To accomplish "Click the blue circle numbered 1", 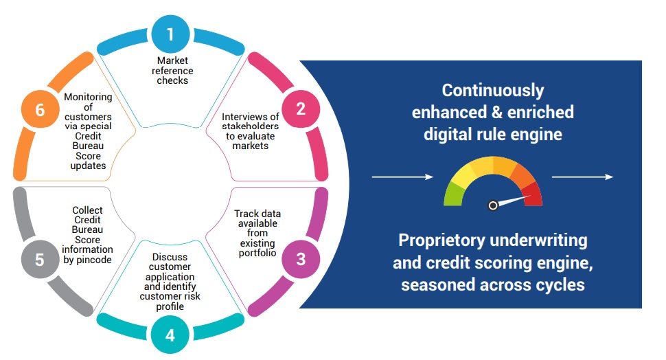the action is click(x=170, y=34).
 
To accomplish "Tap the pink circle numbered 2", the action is click(x=301, y=109).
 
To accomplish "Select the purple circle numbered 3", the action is click(x=301, y=259).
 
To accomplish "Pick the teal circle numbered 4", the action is click(x=170, y=335).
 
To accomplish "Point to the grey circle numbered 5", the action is click(x=40, y=259).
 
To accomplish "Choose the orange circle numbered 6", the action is click(x=40, y=109).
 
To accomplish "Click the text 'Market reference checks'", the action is click(x=172, y=71).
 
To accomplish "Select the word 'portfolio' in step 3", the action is click(x=257, y=254).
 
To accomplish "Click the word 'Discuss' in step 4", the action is click(x=170, y=257).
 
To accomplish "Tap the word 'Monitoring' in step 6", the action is click(x=88, y=98).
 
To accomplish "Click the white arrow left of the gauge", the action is click(x=402, y=177).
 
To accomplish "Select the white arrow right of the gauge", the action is click(x=582, y=177).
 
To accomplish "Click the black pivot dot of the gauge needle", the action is click(x=493, y=205).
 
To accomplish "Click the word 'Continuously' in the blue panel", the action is click(x=493, y=91).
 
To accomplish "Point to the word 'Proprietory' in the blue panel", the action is click(x=441, y=240).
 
